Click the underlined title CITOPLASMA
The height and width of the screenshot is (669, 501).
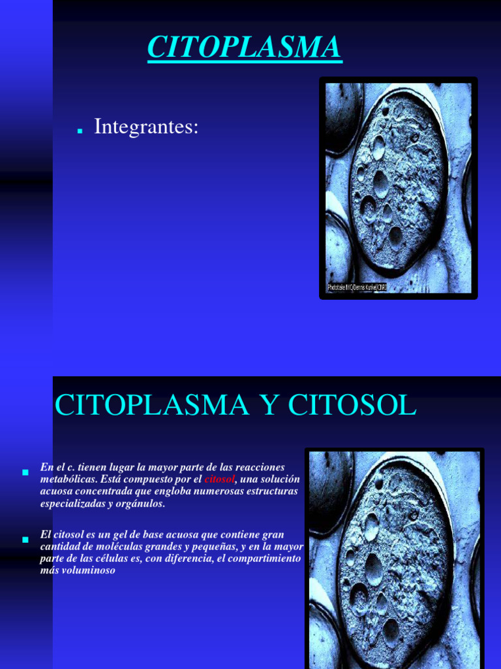[245, 48]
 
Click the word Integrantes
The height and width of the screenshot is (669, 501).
[145, 127]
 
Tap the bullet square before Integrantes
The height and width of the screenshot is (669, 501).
[80, 131]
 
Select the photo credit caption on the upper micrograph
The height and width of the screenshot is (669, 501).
[357, 287]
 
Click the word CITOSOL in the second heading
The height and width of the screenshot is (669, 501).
[352, 406]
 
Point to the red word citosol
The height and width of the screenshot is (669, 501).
[219, 480]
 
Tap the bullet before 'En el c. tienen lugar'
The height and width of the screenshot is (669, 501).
[25, 471]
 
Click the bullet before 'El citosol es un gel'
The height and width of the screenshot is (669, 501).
[25, 539]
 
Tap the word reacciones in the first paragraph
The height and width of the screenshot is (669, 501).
[258, 467]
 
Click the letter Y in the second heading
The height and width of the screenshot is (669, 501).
[269, 406]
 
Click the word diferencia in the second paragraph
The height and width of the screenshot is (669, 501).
[183, 559]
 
